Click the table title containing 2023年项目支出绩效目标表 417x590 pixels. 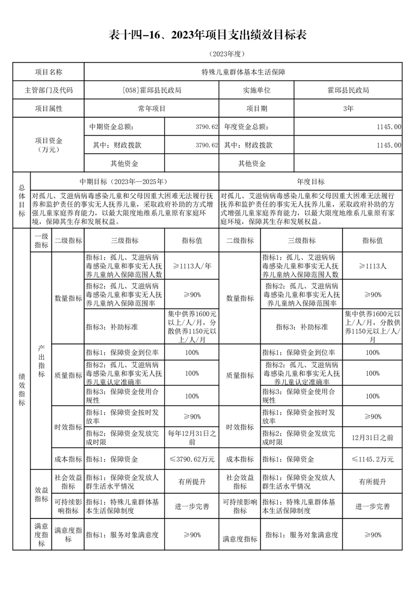(x=208, y=35)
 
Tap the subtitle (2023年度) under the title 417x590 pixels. (x=208, y=54)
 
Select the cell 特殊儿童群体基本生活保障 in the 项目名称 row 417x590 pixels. (x=243, y=72)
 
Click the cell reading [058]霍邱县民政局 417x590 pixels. (x=151, y=90)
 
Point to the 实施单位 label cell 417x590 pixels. (x=256, y=90)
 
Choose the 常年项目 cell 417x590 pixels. (x=151, y=108)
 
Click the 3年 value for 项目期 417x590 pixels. (x=348, y=108)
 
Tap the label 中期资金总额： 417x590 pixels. (x=114, y=127)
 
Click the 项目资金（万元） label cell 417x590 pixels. (x=48, y=145)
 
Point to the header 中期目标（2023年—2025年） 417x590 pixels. (x=125, y=181)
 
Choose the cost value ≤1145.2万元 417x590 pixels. (x=372, y=459)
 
